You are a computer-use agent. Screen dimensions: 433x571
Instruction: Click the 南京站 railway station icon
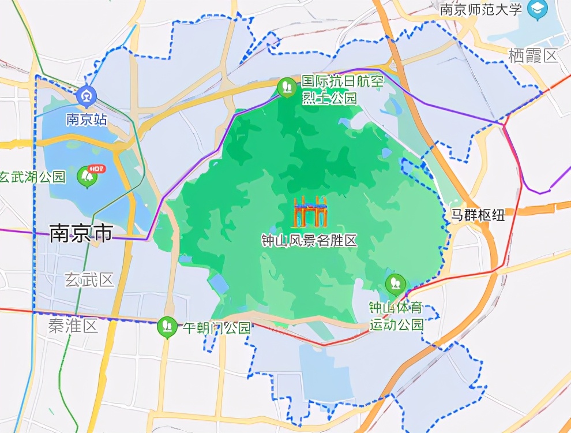click(x=87, y=95)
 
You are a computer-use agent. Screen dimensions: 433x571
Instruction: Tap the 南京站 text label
click(x=87, y=120)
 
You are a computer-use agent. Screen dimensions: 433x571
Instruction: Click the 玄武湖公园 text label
click(x=33, y=177)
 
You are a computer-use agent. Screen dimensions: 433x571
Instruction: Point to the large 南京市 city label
click(x=81, y=233)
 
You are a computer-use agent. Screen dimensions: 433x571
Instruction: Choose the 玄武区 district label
click(x=89, y=281)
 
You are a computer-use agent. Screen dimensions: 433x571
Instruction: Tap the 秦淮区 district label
click(x=73, y=327)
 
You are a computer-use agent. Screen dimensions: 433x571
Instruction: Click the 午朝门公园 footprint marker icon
click(x=167, y=327)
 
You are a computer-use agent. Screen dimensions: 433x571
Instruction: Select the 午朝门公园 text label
click(x=217, y=328)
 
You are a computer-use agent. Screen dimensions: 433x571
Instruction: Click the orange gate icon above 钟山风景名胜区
click(x=310, y=211)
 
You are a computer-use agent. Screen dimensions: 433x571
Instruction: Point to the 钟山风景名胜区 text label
click(x=309, y=241)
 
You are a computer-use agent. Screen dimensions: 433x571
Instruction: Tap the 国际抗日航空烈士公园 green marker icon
click(x=287, y=87)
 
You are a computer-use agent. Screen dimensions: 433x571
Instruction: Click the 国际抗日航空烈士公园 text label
click(x=342, y=89)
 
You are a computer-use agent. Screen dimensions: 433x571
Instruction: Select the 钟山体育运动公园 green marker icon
click(x=396, y=283)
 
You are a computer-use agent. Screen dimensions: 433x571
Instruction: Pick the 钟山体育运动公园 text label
click(x=396, y=316)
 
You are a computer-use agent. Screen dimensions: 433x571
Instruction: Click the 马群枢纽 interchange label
click(x=478, y=216)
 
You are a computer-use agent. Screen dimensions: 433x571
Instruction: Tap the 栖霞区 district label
click(x=534, y=56)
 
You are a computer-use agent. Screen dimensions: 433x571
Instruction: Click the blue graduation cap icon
click(x=538, y=9)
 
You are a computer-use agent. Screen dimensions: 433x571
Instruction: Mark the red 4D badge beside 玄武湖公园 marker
click(x=99, y=169)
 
